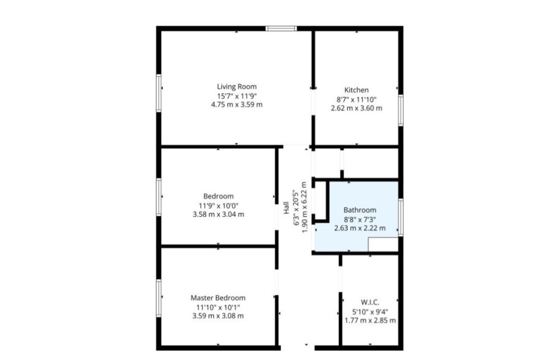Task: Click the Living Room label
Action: pyautogui.click(x=237, y=87)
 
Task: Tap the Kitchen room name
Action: pyautogui.click(x=356, y=90)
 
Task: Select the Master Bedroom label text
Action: pyautogui.click(x=218, y=298)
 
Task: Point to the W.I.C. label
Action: pyautogui.click(x=370, y=302)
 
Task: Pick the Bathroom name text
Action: pyautogui.click(x=360, y=210)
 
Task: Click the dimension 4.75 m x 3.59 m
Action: pyautogui.click(x=237, y=105)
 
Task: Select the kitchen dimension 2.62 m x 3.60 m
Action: pyautogui.click(x=356, y=108)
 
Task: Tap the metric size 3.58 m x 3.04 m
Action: pyautogui.click(x=218, y=214)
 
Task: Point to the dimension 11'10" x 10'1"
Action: pyautogui.click(x=218, y=307)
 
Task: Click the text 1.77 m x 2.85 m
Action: pyautogui.click(x=370, y=321)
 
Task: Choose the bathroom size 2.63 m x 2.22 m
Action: pyautogui.click(x=360, y=228)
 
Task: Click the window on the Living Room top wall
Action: pyautogui.click(x=281, y=28)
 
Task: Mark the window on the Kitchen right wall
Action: pyautogui.click(x=401, y=110)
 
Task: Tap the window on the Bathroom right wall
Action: pyautogui.click(x=401, y=217)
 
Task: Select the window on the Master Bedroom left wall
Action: pyautogui.click(x=159, y=298)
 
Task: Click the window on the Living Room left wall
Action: pyautogui.click(x=159, y=93)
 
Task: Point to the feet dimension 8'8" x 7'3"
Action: pyautogui.click(x=360, y=219)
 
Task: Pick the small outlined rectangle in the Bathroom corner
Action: pyautogui.click(x=383, y=245)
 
